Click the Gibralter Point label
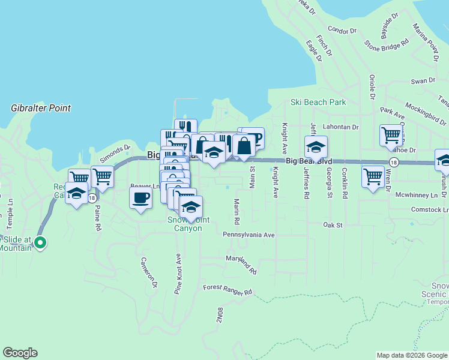[x=41, y=108]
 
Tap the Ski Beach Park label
[x=318, y=102]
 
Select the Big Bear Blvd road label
[x=309, y=161]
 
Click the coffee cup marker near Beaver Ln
[x=140, y=197]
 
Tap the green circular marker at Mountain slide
[x=40, y=243]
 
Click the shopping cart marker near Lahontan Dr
[x=391, y=135]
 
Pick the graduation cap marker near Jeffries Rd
[x=316, y=146]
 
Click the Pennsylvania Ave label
[x=249, y=235]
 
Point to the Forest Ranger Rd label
[x=228, y=290]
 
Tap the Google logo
[x=20, y=353]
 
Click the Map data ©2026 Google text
[x=411, y=355]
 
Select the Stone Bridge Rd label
[x=387, y=44]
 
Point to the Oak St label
[x=332, y=225]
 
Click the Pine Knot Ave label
[x=178, y=274]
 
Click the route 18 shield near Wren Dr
[x=393, y=162]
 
